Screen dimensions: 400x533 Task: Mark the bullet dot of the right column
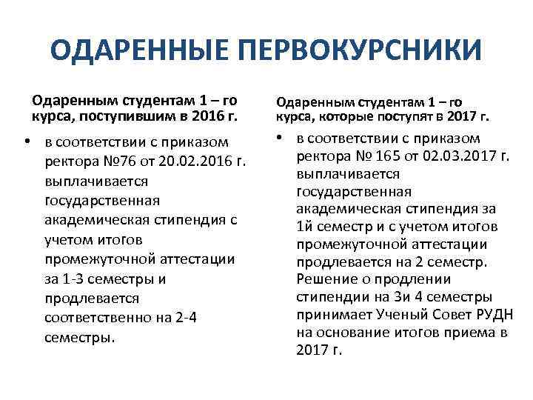[x=284, y=138]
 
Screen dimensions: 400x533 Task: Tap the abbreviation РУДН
[x=485, y=315]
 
